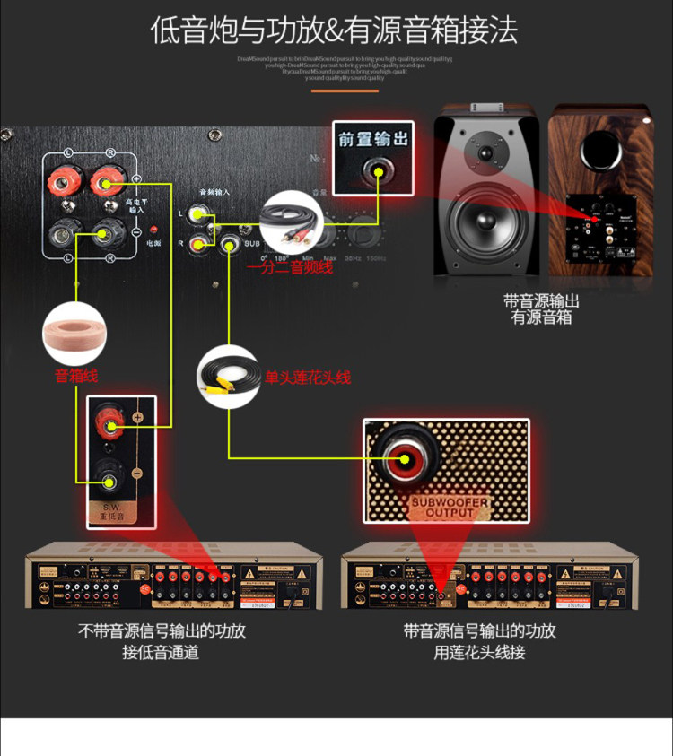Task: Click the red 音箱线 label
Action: (76, 376)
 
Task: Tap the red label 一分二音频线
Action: (290, 267)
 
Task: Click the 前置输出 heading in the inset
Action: (373, 139)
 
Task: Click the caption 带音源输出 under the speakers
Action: (541, 301)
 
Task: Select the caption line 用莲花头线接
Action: (479, 652)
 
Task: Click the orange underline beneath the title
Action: (345, 91)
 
